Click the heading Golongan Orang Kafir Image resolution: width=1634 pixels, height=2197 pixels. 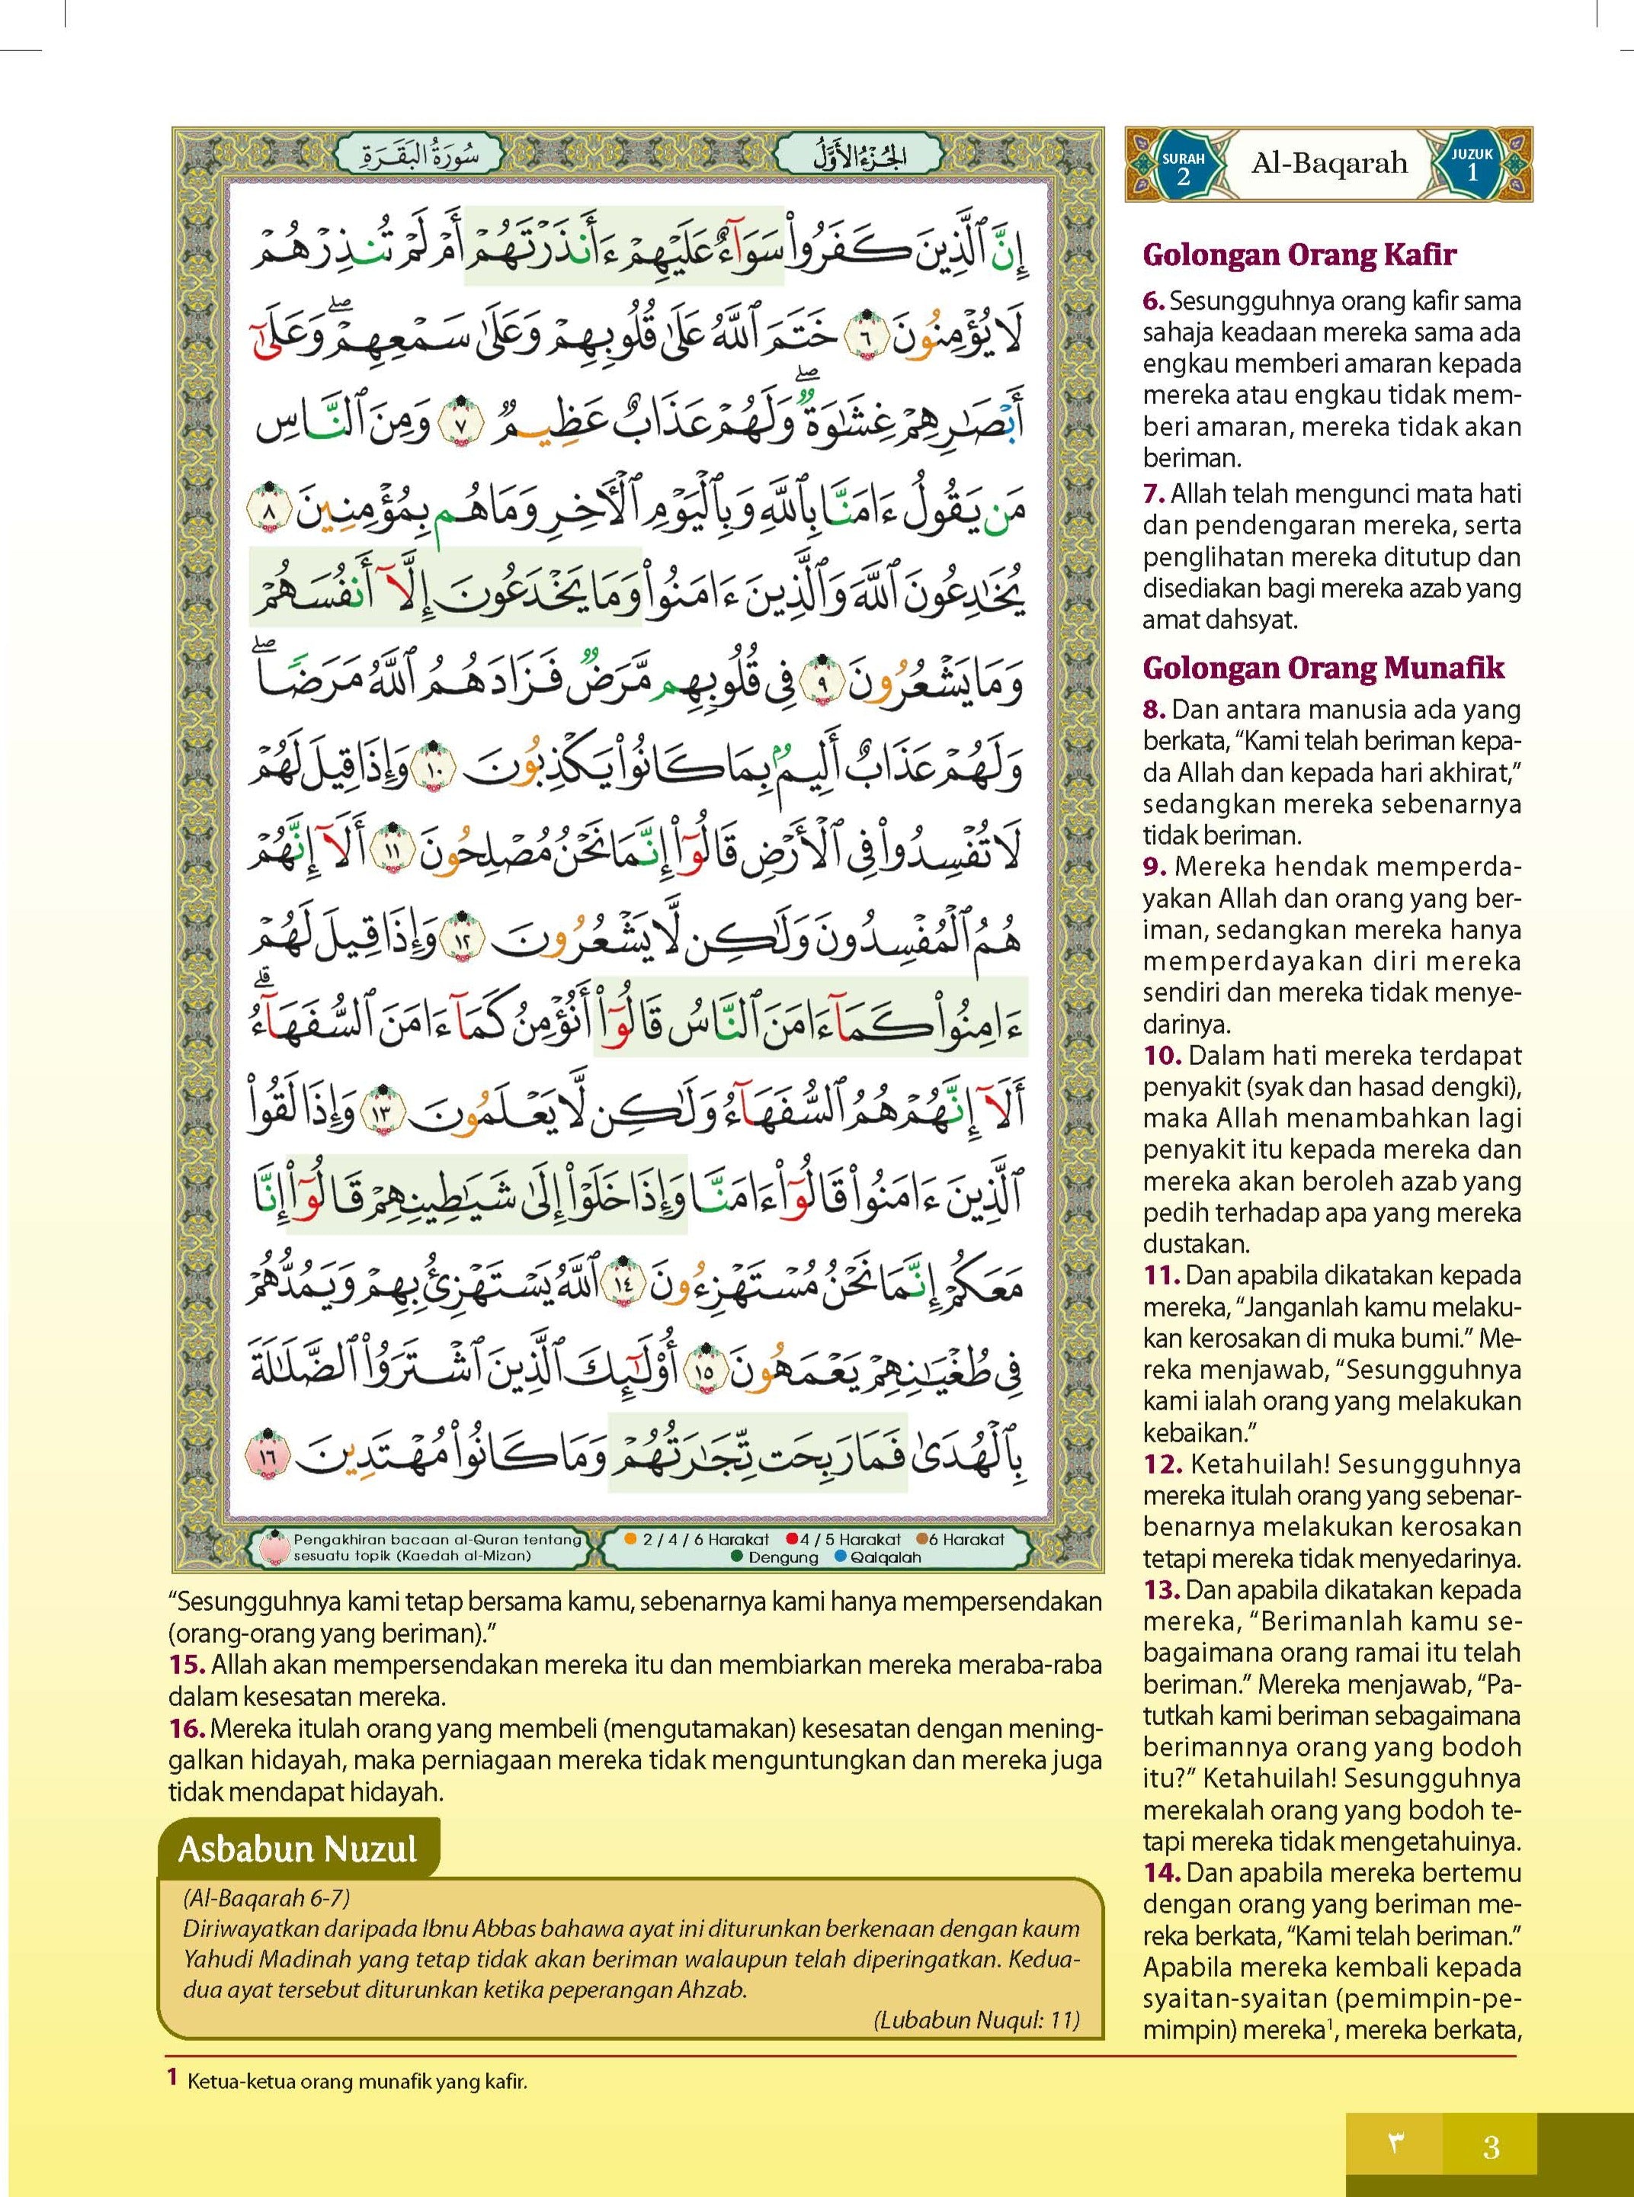click(x=1299, y=255)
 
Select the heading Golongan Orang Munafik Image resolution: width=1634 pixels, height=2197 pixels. click(x=1323, y=668)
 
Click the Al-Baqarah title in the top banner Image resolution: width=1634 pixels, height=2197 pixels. click(x=1329, y=164)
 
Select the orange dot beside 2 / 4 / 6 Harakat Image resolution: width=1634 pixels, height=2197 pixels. click(x=630, y=1539)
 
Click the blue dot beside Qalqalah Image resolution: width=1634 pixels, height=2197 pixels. click(x=840, y=1557)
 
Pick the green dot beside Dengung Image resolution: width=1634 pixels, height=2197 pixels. click(x=737, y=1557)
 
